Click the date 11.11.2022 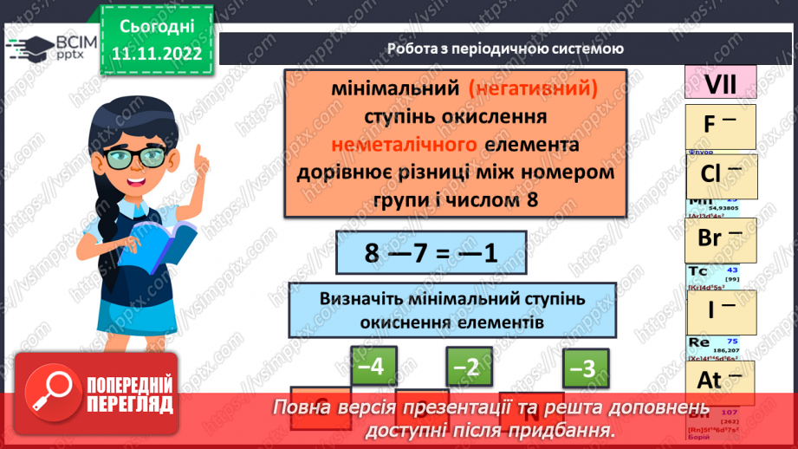coord(157,53)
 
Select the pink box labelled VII coord(720,84)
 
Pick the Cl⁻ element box coord(720,175)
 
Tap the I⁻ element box coord(720,309)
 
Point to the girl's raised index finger coord(198,156)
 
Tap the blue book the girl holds coord(164,242)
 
